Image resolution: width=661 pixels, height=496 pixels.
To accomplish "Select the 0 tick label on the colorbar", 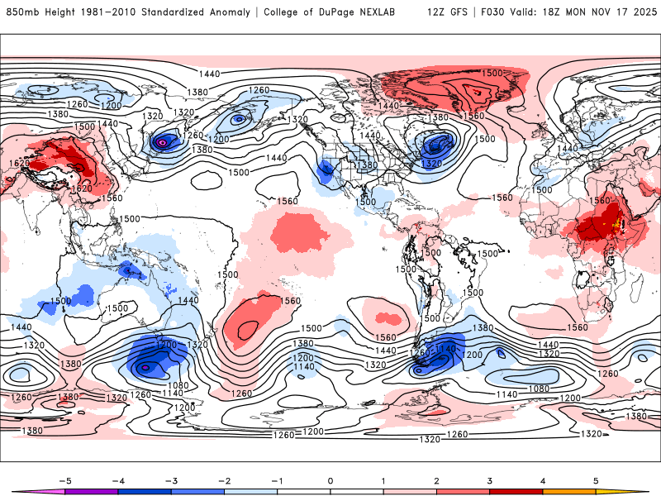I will (330, 480).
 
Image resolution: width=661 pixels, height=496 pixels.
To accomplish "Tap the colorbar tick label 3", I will (489, 480).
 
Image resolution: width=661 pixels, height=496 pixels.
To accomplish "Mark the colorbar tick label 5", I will (596, 480).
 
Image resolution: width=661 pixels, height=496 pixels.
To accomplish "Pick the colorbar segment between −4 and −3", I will (145, 492).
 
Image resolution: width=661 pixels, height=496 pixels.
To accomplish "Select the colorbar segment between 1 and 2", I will (410, 492).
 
